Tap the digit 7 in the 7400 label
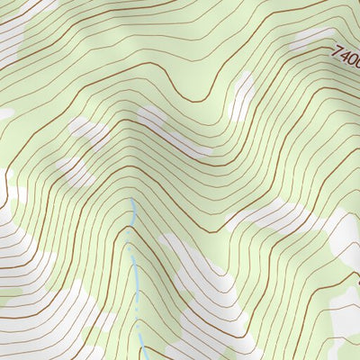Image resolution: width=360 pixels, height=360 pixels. click(336, 53)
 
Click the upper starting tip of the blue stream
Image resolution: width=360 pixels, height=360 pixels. click(133, 199)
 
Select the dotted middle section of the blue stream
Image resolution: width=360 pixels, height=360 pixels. click(138, 306)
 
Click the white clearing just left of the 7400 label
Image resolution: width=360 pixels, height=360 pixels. click(310, 38)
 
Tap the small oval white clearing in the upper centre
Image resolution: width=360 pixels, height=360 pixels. click(241, 95)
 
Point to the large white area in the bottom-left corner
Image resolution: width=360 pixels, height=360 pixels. click(36, 270)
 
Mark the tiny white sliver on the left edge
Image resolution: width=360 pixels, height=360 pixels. click(4, 114)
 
